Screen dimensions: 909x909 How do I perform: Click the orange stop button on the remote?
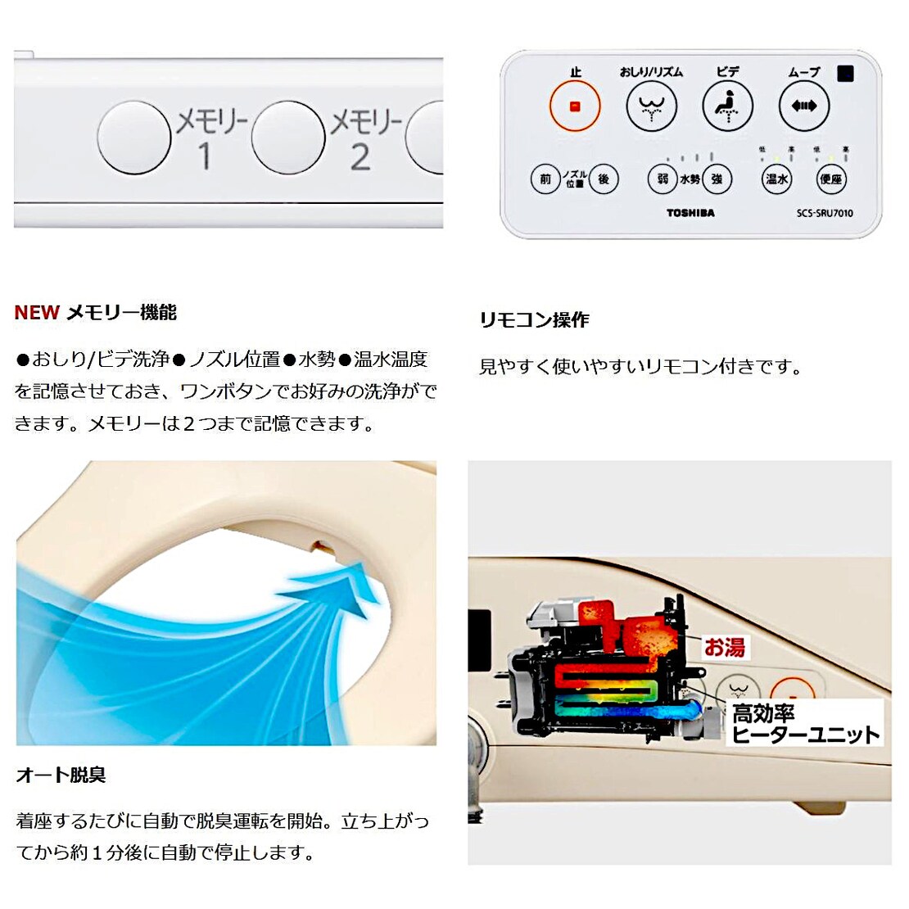click(574, 106)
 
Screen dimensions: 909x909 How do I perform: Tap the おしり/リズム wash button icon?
click(652, 106)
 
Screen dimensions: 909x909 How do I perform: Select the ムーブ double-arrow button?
click(803, 106)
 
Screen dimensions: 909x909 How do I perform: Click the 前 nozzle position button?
click(545, 179)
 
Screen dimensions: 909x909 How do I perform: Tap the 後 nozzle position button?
click(604, 179)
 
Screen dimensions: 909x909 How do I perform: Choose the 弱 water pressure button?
click(663, 179)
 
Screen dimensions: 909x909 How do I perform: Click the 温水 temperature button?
click(776, 179)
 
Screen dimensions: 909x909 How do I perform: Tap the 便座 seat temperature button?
click(831, 179)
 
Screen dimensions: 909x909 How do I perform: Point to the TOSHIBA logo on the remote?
click(690, 213)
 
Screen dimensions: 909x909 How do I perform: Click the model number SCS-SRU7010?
click(825, 213)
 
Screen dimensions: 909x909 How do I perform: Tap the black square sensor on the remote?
click(846, 74)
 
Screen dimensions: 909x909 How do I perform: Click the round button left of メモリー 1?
click(134, 138)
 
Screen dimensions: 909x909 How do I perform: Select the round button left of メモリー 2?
click(288, 138)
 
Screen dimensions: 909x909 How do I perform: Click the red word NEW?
click(37, 313)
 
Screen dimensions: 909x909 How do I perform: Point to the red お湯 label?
click(725, 648)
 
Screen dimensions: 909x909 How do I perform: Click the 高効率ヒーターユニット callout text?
click(804, 724)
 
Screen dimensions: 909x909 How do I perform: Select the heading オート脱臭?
click(61, 775)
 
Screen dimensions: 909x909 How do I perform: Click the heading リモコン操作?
click(534, 320)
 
